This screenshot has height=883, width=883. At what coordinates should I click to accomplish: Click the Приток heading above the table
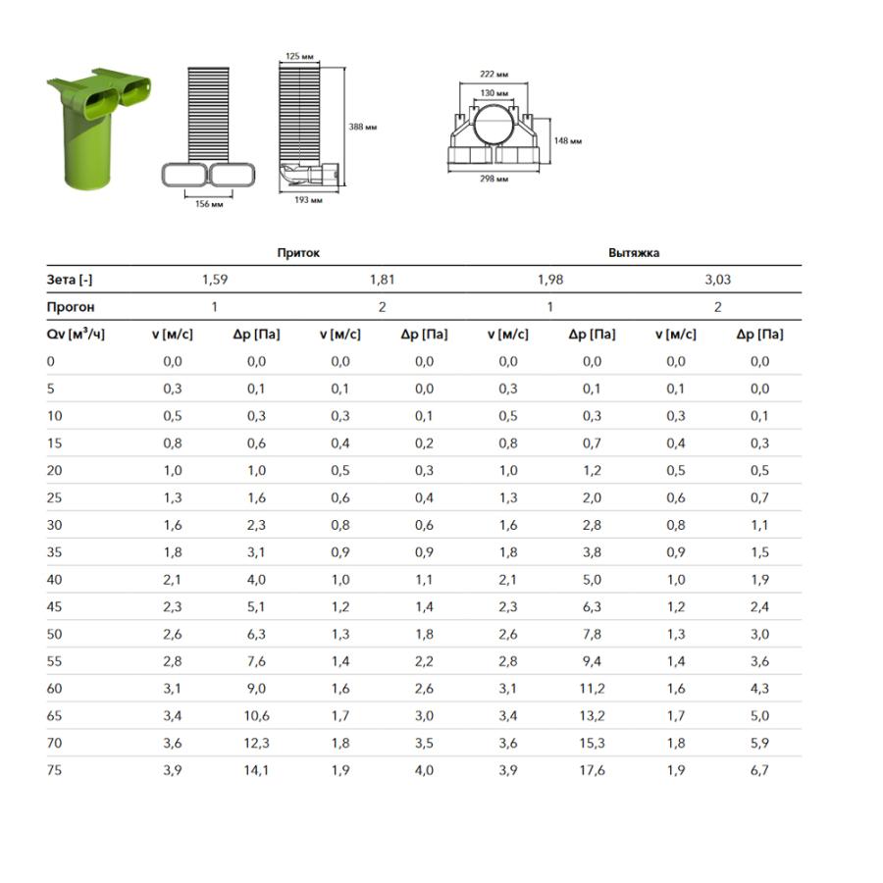pos(298,253)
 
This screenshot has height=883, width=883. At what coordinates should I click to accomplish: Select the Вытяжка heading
pos(634,253)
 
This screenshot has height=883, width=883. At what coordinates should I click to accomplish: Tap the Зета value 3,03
pos(717,280)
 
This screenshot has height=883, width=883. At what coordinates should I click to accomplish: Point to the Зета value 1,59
pos(215,280)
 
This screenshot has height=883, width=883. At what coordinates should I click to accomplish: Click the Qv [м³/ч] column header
pos(76,334)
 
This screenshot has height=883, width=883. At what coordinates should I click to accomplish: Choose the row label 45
pos(54,606)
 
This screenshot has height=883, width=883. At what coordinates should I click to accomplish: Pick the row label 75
pos(54,770)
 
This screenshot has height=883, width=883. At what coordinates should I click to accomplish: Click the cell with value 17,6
pos(592,770)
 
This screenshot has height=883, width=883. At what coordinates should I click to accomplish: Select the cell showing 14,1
pos(256,770)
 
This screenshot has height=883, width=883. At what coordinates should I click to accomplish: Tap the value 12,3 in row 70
pos(256,743)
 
